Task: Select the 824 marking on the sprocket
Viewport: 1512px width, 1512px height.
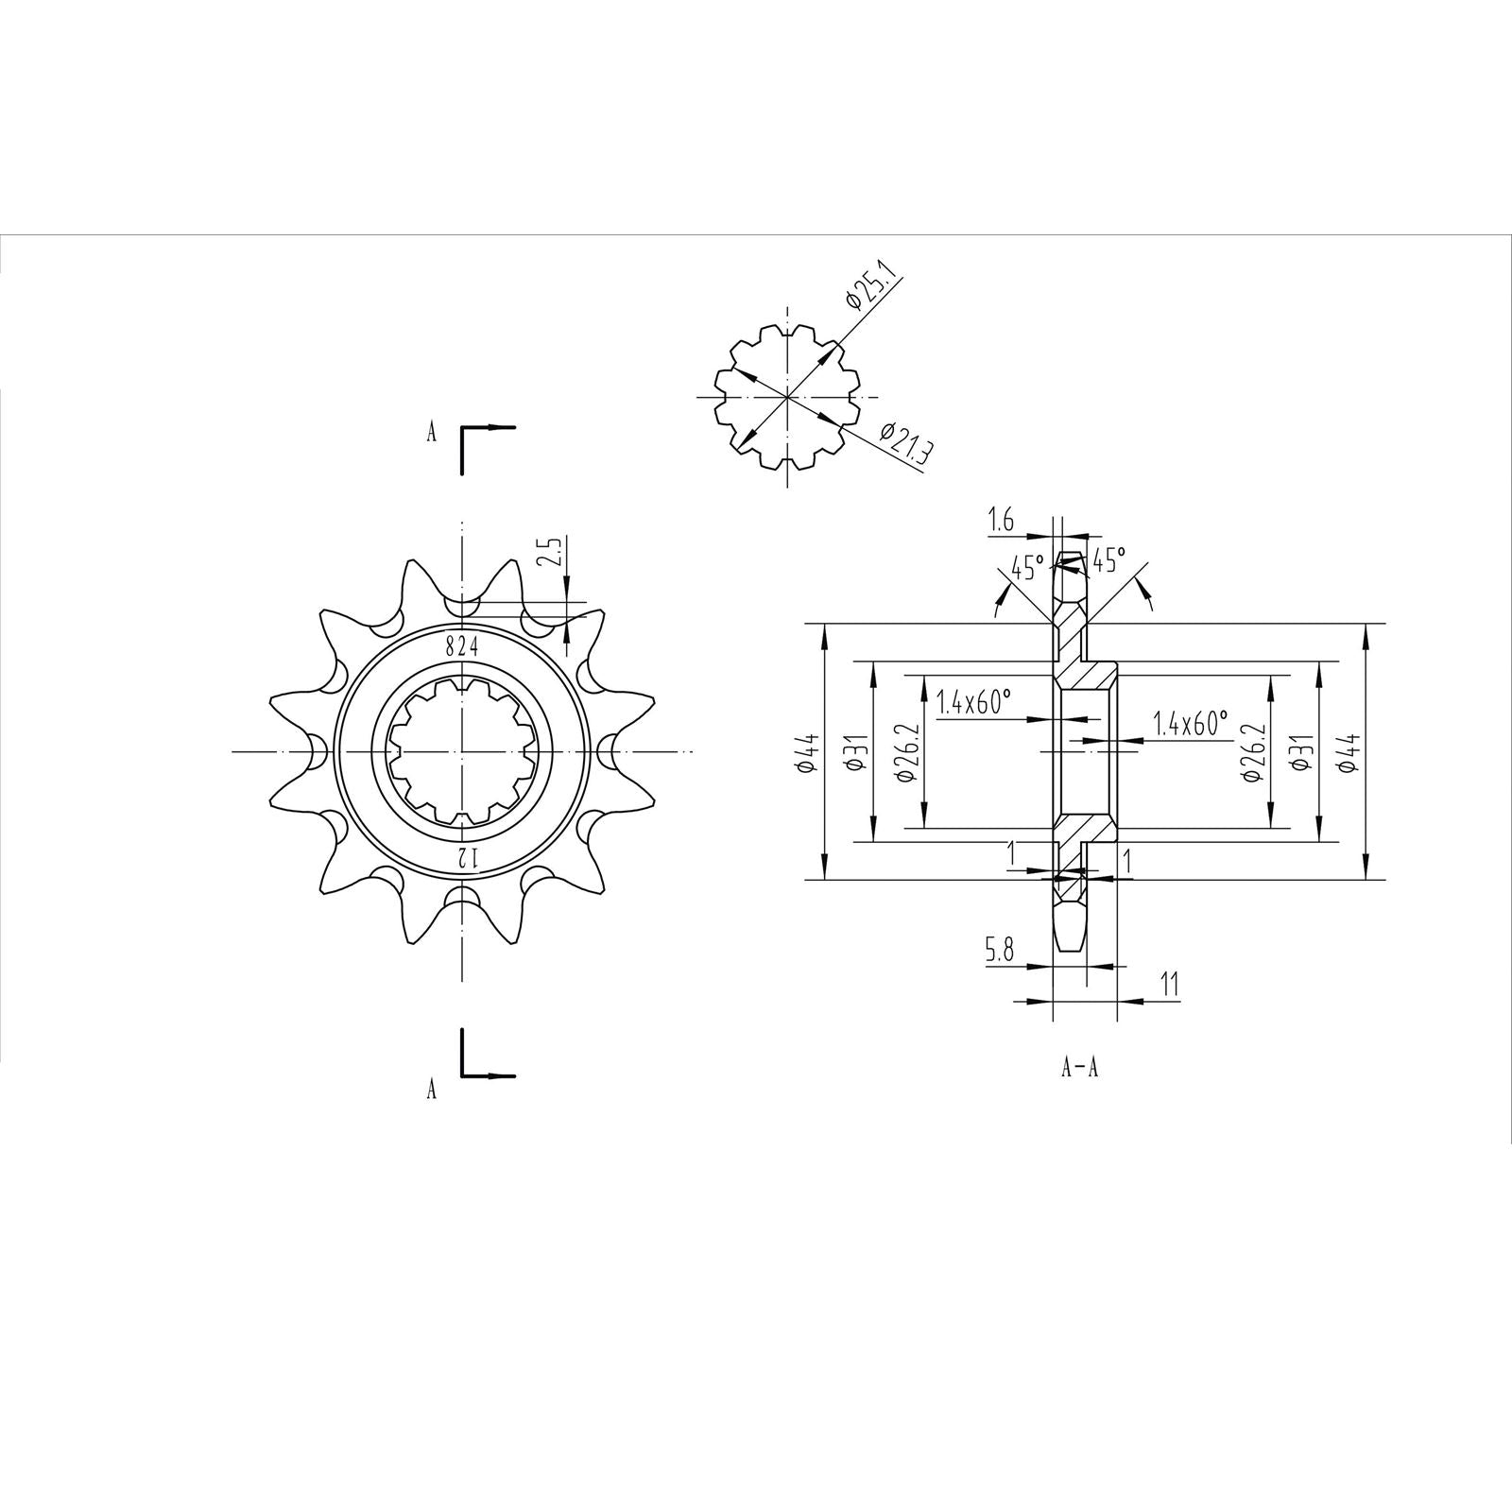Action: (x=462, y=647)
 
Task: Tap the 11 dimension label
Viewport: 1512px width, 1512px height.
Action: (x=1169, y=986)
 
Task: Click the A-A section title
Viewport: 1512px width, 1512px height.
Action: (x=1079, y=1069)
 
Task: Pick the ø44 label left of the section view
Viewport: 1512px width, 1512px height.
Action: (x=806, y=753)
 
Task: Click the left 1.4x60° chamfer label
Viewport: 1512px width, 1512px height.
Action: (x=973, y=702)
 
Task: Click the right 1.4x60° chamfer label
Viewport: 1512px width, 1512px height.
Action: (x=1190, y=725)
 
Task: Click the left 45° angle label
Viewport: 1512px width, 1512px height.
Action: (x=1027, y=568)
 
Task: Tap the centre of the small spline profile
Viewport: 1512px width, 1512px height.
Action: (x=787, y=397)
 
